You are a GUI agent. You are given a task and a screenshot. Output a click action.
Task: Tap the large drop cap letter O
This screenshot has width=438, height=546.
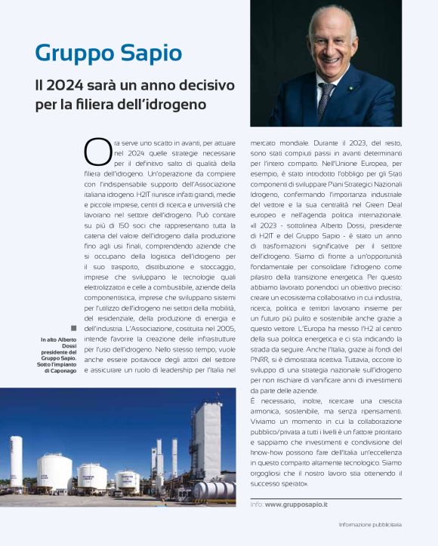point(97,151)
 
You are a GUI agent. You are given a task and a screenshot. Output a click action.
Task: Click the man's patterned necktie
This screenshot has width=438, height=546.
point(325,99)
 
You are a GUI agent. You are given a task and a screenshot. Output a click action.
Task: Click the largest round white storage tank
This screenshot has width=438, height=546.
point(54,472)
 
